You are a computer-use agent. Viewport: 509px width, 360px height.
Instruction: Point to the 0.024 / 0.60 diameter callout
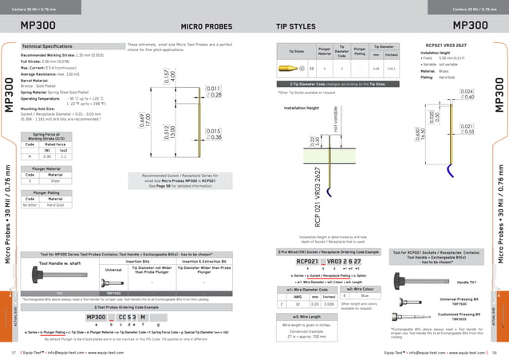468,94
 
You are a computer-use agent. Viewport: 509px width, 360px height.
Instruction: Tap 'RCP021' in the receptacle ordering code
308,261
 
